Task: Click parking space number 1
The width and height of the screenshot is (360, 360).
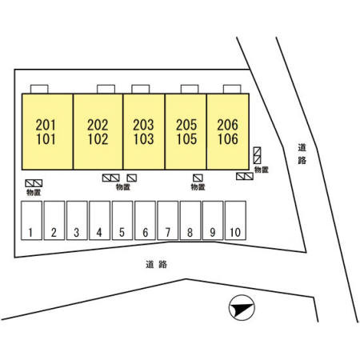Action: tap(31, 221)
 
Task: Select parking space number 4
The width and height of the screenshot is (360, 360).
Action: tap(100, 221)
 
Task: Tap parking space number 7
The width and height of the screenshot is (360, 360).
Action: tap(168, 221)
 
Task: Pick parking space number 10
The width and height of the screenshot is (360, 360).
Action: tap(235, 221)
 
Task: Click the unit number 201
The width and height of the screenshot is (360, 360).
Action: tap(46, 125)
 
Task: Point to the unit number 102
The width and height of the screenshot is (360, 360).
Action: tap(98, 139)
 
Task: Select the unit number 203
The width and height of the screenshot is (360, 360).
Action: tap(143, 125)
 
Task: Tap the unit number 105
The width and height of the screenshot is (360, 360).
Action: tap(186, 139)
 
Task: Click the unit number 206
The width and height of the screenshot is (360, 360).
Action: tap(227, 125)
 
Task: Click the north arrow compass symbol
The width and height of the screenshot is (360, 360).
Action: tap(242, 307)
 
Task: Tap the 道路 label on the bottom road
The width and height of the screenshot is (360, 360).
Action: tap(157, 264)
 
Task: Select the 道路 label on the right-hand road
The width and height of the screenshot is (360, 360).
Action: tap(302, 154)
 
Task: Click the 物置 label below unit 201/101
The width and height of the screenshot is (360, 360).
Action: tap(34, 192)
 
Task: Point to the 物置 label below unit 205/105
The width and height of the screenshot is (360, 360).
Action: tap(198, 187)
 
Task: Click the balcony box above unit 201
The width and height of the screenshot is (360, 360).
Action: tap(39, 89)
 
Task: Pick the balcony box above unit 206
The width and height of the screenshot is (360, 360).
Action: tap(232, 89)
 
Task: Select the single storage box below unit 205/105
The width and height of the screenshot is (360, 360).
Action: tap(198, 178)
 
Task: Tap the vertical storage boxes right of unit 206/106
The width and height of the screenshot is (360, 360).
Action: tap(257, 155)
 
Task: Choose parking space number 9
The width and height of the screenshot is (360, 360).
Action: tap(213, 221)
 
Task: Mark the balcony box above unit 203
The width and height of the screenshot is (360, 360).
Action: tap(141, 89)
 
